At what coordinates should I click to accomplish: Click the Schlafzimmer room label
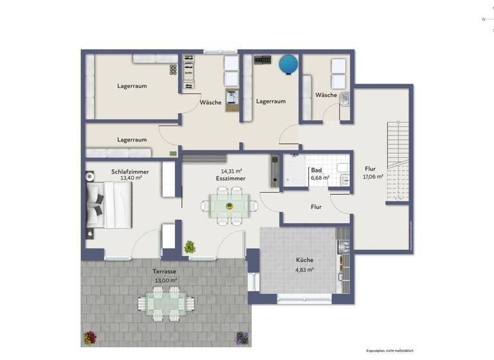coord(131,172)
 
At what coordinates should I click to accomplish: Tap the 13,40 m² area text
coord(131,179)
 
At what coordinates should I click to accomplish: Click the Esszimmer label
coord(232,179)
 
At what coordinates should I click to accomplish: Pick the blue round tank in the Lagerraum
coord(288,63)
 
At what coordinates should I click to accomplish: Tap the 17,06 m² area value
coord(373,177)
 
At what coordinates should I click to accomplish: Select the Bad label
coord(316,170)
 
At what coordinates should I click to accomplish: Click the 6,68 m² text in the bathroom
coord(320,178)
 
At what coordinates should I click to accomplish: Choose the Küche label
coord(305,260)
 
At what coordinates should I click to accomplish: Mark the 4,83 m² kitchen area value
coord(305,270)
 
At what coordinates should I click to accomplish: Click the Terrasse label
coord(165,271)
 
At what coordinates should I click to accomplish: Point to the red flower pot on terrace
coord(89,337)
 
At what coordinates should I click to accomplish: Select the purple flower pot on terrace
coord(242,337)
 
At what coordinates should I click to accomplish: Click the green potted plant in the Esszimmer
coord(190,246)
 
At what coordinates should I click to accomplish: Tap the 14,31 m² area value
coord(232,171)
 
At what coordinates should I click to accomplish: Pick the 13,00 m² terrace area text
coord(165,280)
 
